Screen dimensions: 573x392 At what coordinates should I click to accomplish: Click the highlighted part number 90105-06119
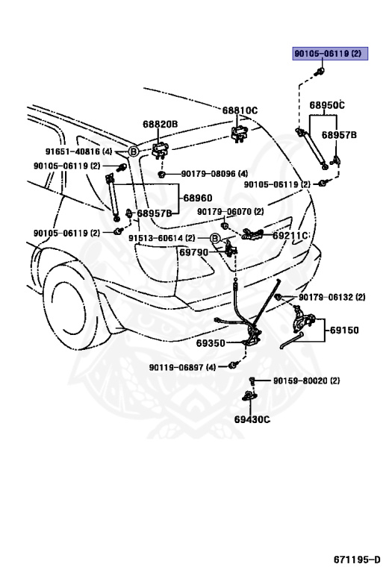(x=326, y=54)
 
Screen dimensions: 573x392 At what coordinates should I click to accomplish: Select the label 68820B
(x=161, y=124)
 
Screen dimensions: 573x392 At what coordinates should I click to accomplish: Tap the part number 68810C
(x=239, y=110)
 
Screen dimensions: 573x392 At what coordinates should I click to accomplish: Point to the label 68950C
(x=327, y=105)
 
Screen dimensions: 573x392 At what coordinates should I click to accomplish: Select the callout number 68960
(x=197, y=198)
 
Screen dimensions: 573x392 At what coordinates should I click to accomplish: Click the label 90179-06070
(x=230, y=212)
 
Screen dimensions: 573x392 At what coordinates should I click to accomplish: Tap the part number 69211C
(x=290, y=235)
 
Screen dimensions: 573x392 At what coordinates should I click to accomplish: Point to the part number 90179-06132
(x=332, y=297)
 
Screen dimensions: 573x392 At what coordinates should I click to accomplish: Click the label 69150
(x=344, y=329)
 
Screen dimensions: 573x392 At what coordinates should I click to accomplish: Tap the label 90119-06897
(x=182, y=367)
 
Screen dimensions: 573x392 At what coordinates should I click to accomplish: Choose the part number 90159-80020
(x=306, y=381)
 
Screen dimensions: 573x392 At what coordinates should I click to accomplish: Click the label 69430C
(x=252, y=419)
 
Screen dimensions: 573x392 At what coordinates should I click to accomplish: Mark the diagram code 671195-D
(x=357, y=559)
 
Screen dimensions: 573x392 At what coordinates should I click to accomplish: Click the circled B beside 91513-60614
(x=214, y=238)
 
